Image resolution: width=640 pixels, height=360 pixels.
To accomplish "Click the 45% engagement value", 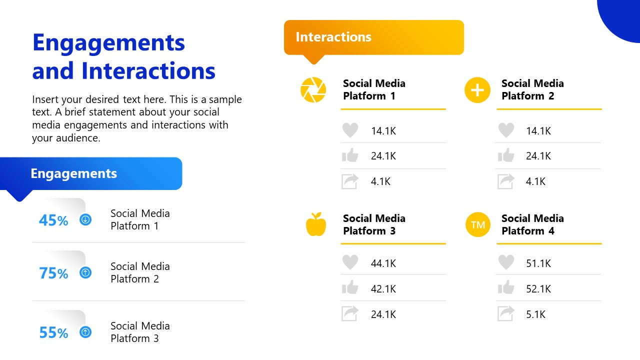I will pyautogui.click(x=53, y=220).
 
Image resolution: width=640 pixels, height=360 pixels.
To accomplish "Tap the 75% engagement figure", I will pyautogui.click(x=53, y=273).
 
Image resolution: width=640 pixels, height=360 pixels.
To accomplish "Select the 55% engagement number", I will pyautogui.click(x=53, y=333).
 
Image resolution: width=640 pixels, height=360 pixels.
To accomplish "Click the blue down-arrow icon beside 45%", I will pyautogui.click(x=85, y=219).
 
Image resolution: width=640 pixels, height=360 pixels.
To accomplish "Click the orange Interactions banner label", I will pyautogui.click(x=333, y=37).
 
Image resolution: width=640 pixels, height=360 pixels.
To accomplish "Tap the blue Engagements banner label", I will pyautogui.click(x=74, y=173).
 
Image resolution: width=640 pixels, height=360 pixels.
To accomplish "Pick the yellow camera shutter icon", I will pyautogui.click(x=313, y=90).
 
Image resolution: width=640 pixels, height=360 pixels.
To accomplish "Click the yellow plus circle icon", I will pyautogui.click(x=477, y=90).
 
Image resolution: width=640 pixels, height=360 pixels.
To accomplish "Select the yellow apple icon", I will pyautogui.click(x=316, y=224).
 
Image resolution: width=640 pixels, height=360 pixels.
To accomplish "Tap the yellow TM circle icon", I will pyautogui.click(x=477, y=224).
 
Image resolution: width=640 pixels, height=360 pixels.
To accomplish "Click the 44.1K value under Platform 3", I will pyautogui.click(x=383, y=263).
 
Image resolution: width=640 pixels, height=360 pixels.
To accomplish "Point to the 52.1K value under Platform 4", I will pyautogui.click(x=538, y=289).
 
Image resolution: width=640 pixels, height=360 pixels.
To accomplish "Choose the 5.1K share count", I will pyautogui.click(x=535, y=314).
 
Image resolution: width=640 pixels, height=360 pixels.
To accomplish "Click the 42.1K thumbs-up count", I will pyautogui.click(x=383, y=289).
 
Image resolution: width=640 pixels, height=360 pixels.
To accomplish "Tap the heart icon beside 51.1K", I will pyautogui.click(x=506, y=262).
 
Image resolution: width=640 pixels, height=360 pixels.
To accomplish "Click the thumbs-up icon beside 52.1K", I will pyautogui.click(x=506, y=287).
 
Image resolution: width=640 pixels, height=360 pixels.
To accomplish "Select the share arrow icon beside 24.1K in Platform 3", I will pyautogui.click(x=350, y=313).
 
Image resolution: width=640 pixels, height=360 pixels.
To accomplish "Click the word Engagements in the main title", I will pyautogui.click(x=108, y=43).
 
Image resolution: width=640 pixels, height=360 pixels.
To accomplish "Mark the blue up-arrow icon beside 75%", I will pyautogui.click(x=85, y=272).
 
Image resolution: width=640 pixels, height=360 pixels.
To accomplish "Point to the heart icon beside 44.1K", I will pyautogui.click(x=350, y=262).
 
